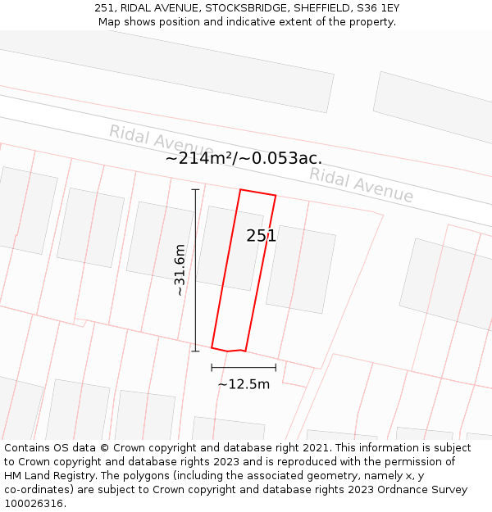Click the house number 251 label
tap(261, 236)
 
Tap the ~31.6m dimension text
tap(180, 270)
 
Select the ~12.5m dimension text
tap(244, 383)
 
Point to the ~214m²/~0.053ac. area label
tap(244, 159)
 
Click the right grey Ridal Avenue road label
tap(361, 185)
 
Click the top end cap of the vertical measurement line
tap(195, 190)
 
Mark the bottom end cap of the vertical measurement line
tap(195, 351)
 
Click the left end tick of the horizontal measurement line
tap(212, 367)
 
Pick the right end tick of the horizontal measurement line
tap(276, 367)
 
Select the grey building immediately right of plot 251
tap(301, 269)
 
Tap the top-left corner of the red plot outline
tap(240, 190)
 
